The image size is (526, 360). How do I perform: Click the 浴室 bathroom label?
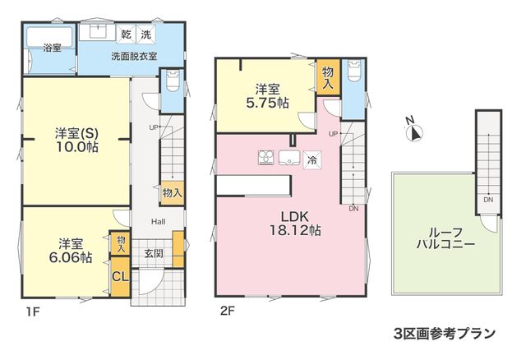52,48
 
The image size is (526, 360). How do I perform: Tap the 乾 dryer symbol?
126,35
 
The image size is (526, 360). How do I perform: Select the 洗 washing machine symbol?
146,35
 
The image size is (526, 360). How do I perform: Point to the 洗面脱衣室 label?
134,57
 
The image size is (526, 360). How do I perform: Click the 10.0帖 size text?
76,148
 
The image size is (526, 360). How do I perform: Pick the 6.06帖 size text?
71,257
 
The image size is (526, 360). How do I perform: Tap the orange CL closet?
120,277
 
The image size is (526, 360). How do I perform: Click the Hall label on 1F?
158,222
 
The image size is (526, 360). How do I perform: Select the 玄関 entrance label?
154,253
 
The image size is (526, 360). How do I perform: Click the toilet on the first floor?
173,81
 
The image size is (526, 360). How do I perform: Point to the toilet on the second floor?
354,71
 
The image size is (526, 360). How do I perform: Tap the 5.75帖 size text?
267,103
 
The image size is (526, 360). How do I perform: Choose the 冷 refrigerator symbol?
312,160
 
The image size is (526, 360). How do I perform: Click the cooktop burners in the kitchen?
266,158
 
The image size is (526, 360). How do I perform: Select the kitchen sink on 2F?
289,158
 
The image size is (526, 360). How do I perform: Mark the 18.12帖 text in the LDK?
295,231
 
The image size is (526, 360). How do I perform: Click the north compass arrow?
415,132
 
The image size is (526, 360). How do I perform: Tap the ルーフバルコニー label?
445,238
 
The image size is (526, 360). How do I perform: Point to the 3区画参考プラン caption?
445,334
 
